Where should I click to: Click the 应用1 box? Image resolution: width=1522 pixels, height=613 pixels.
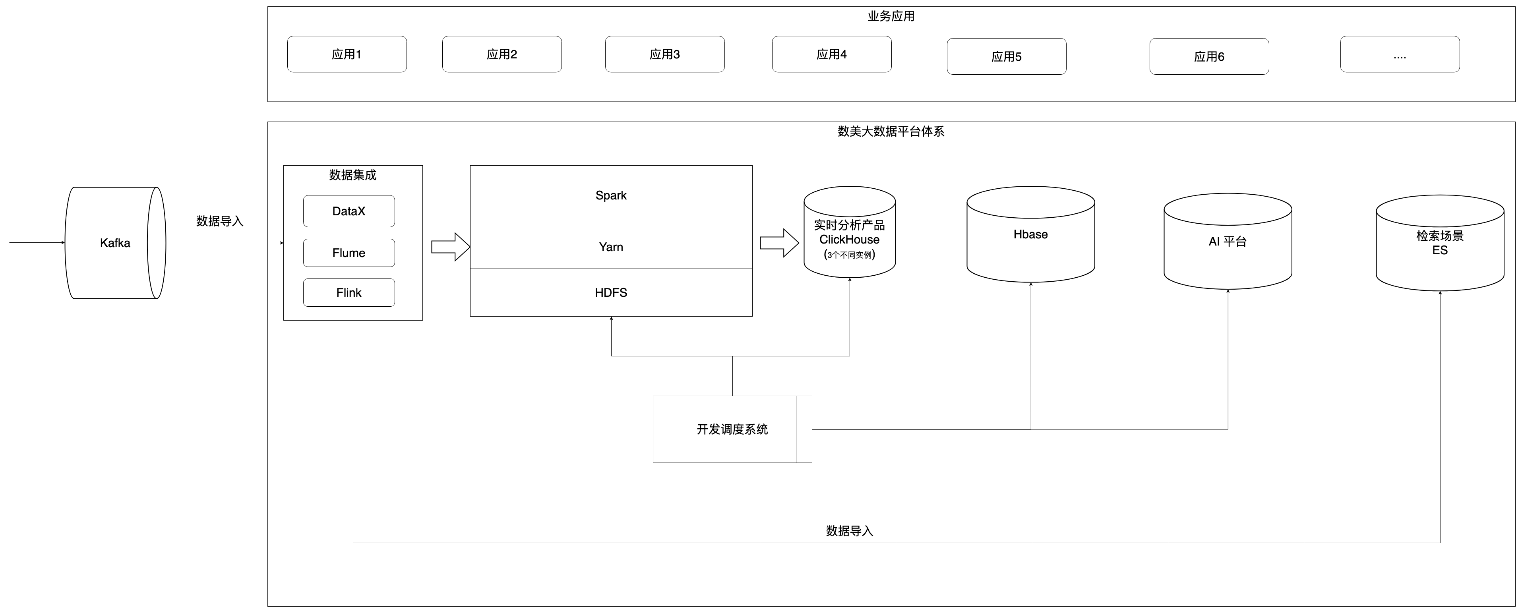pyautogui.click(x=347, y=54)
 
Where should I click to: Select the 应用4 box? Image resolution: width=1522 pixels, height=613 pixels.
pyautogui.click(x=831, y=54)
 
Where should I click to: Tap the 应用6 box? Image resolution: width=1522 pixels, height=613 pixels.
pyautogui.click(x=1209, y=57)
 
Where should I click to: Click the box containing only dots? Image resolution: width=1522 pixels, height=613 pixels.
pyautogui.click(x=1400, y=54)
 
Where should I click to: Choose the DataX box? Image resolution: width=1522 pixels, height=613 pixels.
pyautogui.click(x=349, y=211)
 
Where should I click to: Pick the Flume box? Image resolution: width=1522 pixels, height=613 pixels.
pyautogui.click(x=349, y=253)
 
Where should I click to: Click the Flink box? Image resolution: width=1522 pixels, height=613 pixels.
pyautogui.click(x=349, y=292)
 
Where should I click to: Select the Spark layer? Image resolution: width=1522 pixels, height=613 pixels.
pyautogui.click(x=611, y=195)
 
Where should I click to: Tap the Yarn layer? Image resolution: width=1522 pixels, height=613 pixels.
pyautogui.click(x=611, y=247)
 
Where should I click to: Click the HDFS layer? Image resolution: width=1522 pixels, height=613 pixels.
pyautogui.click(x=611, y=292)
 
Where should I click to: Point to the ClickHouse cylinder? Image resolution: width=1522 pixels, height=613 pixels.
pyautogui.click(x=849, y=239)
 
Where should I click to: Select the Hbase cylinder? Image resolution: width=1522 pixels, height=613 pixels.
pyautogui.click(x=1030, y=234)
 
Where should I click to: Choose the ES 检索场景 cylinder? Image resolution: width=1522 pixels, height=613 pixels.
pyautogui.click(x=1439, y=243)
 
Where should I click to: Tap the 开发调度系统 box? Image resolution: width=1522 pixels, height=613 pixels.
pyautogui.click(x=732, y=429)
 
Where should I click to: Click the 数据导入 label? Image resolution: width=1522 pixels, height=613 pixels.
pyautogui.click(x=849, y=531)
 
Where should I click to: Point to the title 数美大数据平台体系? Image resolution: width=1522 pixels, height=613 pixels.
pyautogui.click(x=891, y=131)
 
